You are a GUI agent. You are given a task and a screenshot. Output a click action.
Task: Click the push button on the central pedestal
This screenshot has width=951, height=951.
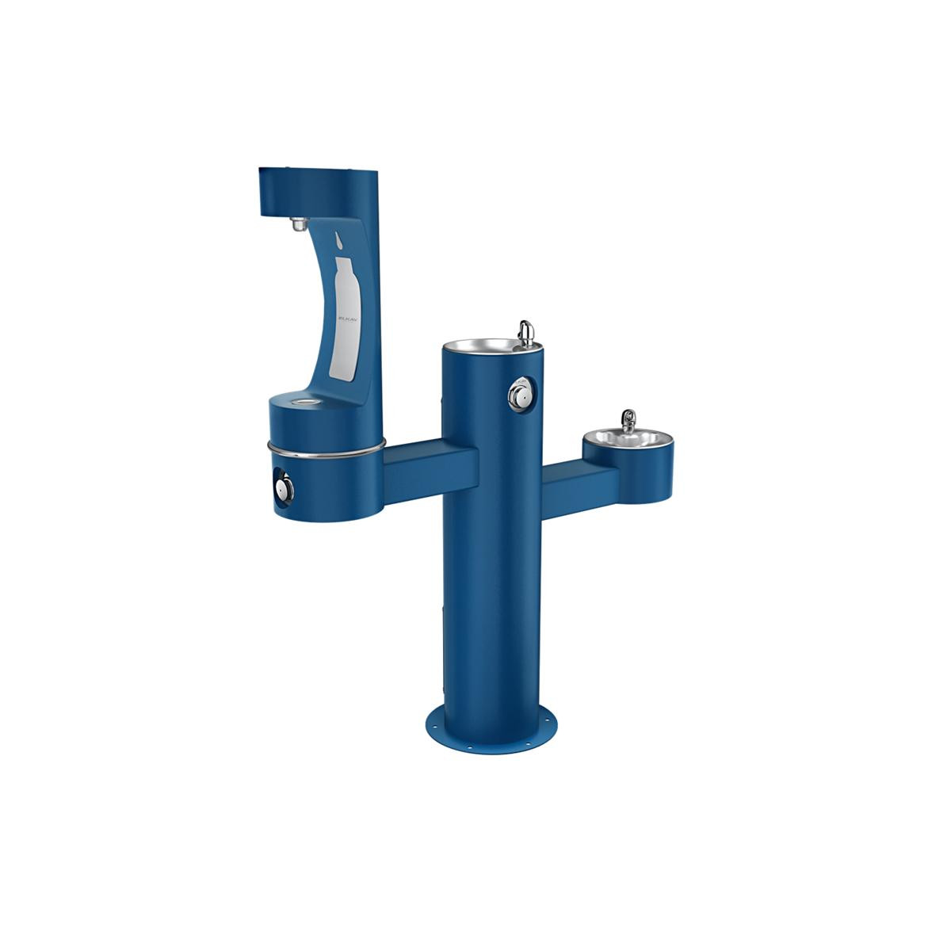click(x=519, y=394)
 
